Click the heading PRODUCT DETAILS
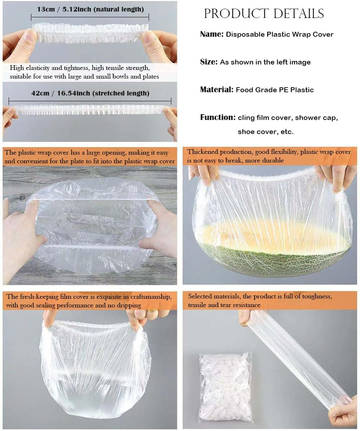(x=264, y=14)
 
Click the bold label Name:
(x=212, y=34)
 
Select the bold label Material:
(x=217, y=90)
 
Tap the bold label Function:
(x=218, y=117)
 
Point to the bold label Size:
(x=209, y=62)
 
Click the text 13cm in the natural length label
(x=46, y=9)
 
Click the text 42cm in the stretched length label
(x=40, y=93)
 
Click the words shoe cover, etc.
(x=266, y=132)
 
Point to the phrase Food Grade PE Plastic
(x=275, y=90)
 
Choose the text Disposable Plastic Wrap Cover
(x=280, y=34)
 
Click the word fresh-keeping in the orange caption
(x=40, y=297)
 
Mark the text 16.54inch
(x=73, y=93)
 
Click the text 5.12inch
(x=77, y=9)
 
